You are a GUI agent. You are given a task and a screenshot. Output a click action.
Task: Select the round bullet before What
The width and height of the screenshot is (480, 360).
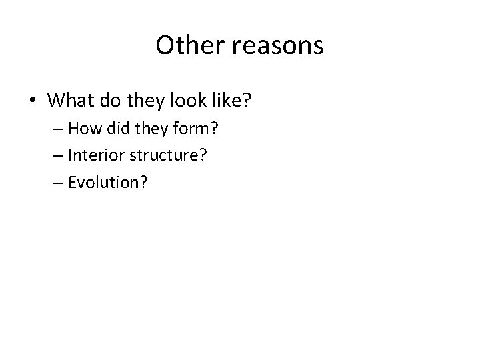[x=33, y=101]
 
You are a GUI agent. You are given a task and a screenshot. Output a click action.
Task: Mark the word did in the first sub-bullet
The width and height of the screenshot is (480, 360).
[x=133, y=129]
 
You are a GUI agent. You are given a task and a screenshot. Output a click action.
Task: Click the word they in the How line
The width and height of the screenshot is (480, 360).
[x=164, y=129]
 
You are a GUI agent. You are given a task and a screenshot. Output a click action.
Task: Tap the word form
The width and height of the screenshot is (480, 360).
[x=201, y=129]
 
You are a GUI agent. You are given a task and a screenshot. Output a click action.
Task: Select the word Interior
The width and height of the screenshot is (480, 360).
[x=111, y=155]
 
